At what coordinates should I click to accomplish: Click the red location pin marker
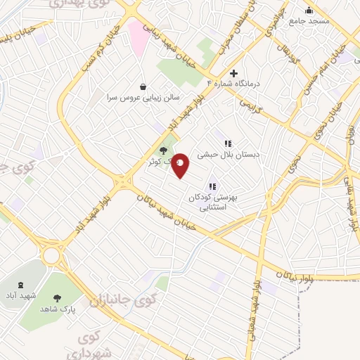(181, 165)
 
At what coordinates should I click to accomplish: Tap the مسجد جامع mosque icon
(308, 11)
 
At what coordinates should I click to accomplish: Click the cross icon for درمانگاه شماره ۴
(234, 73)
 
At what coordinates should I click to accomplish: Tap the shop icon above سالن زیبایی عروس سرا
(143, 86)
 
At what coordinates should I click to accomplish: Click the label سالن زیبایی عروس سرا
(143, 97)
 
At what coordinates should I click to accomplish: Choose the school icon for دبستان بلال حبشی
(226, 143)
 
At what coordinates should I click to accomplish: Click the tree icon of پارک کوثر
(163, 150)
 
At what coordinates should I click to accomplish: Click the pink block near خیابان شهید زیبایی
(136, 35)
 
